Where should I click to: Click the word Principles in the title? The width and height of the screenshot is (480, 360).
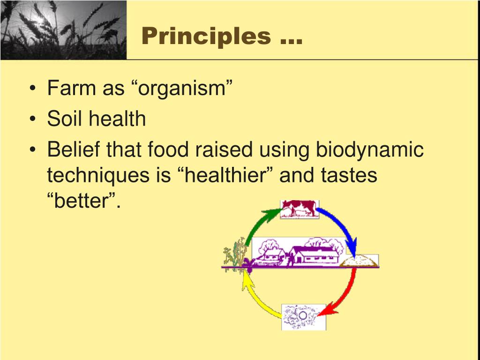(x=206, y=36)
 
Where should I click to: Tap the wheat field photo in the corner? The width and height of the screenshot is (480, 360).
(x=63, y=30)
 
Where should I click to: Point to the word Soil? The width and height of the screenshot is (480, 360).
(x=64, y=119)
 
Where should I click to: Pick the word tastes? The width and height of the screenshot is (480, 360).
(x=349, y=176)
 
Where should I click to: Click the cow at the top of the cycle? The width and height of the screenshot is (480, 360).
(x=299, y=209)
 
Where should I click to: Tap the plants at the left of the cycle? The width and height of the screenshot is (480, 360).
(x=234, y=255)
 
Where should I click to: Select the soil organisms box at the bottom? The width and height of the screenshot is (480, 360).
(x=303, y=316)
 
